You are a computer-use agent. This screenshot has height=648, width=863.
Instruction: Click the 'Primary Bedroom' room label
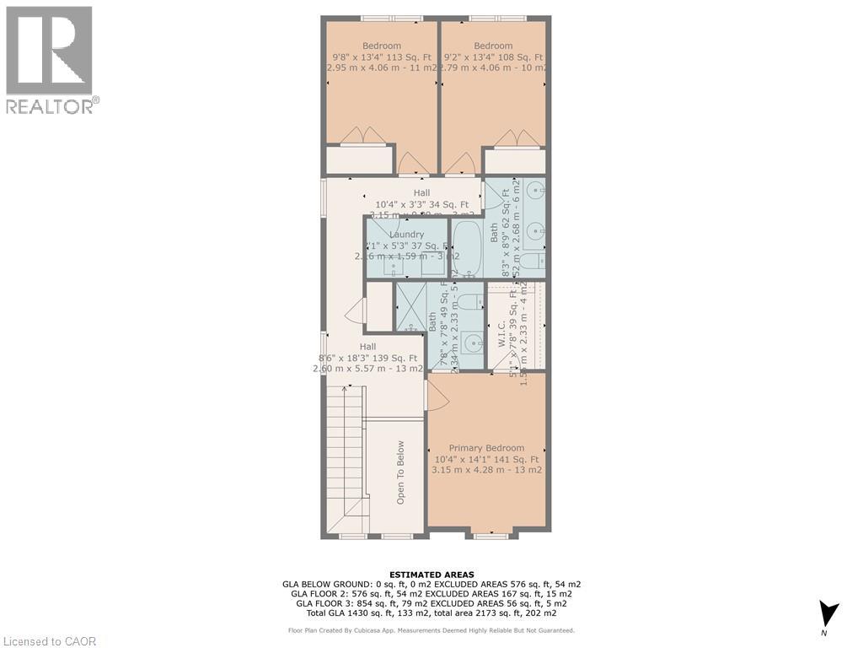[486, 448]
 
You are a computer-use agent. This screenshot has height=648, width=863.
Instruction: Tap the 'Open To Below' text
[401, 472]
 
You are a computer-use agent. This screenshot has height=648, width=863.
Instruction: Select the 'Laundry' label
[406, 235]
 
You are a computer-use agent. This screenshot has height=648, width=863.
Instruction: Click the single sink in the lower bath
[472, 343]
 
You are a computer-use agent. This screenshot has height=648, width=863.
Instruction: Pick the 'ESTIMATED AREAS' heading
[431, 575]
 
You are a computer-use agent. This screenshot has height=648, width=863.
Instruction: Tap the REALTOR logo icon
[49, 51]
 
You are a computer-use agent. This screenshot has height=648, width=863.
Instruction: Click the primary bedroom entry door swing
[437, 393]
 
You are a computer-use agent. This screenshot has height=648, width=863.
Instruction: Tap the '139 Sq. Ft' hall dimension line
[367, 358]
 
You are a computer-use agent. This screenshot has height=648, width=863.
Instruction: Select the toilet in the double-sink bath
[532, 261]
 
